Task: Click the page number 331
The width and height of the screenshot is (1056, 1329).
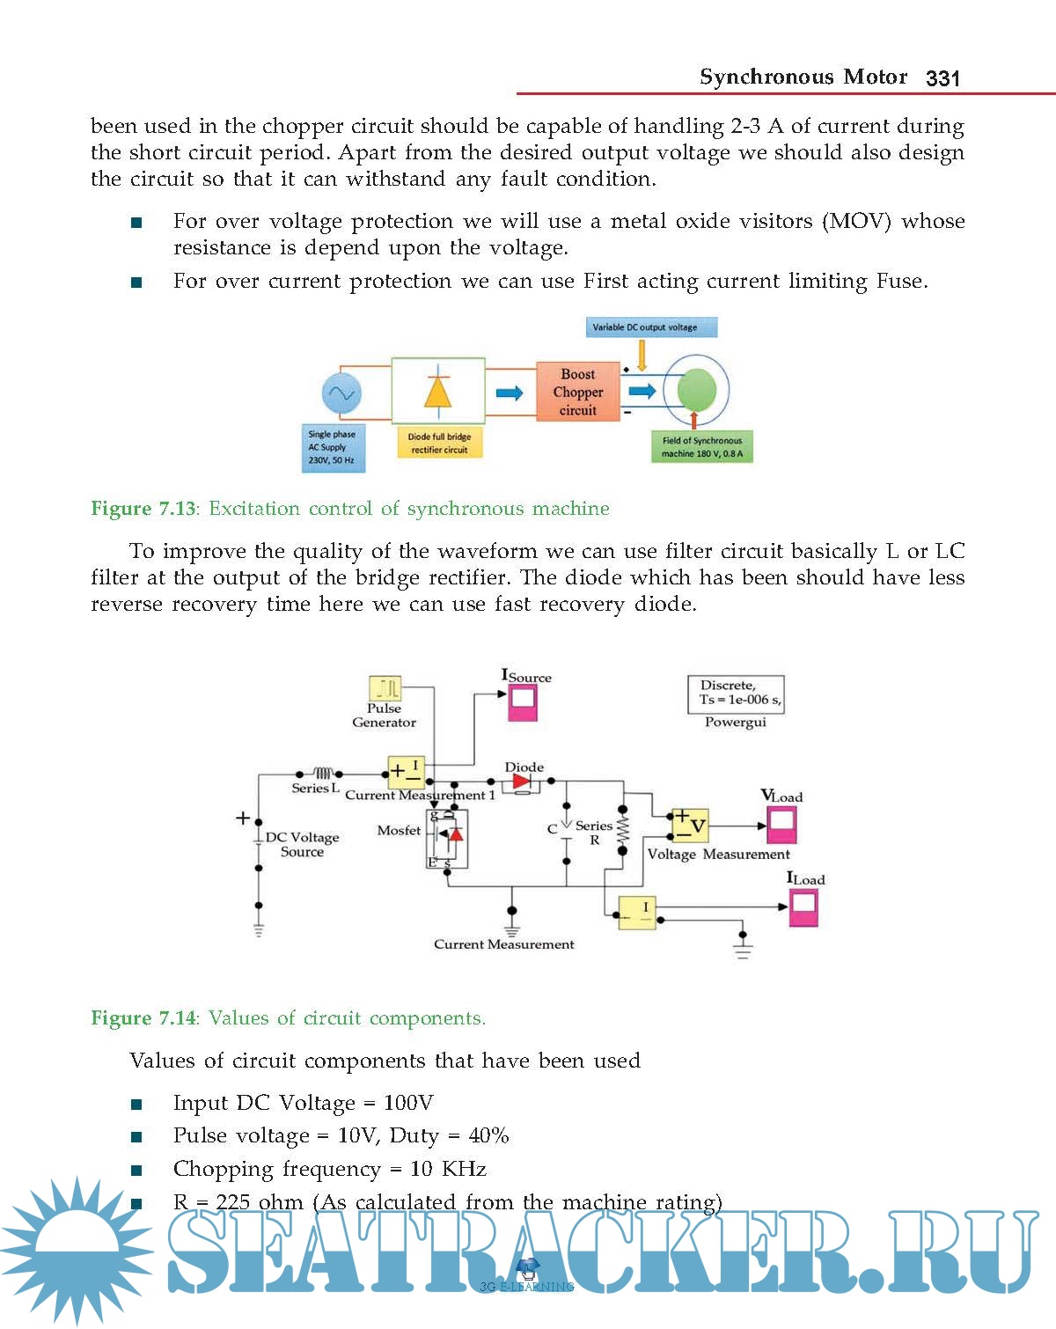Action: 942,78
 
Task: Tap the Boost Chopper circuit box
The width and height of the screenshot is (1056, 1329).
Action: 578,393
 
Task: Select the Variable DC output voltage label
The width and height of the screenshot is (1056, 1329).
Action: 651,327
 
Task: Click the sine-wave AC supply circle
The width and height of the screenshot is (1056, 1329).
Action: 341,393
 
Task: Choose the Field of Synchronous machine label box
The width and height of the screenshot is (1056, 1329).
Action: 701,447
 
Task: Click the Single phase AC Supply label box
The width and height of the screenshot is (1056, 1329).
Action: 332,448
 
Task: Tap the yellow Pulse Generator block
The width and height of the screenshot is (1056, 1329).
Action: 385,688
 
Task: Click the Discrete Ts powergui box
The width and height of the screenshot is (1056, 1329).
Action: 736,694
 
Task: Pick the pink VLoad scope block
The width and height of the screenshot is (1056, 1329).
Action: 781,825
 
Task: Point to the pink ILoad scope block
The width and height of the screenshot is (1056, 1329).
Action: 803,907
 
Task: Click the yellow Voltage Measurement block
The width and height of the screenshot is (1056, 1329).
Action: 690,826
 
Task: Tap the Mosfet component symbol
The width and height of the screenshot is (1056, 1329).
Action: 447,839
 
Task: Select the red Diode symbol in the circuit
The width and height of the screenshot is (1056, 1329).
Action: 522,782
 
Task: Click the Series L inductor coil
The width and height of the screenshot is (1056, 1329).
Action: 322,774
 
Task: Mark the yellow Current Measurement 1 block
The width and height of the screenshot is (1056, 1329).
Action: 407,773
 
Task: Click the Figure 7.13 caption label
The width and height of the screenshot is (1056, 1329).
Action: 143,509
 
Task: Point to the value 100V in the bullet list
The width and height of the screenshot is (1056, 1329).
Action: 408,1103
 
